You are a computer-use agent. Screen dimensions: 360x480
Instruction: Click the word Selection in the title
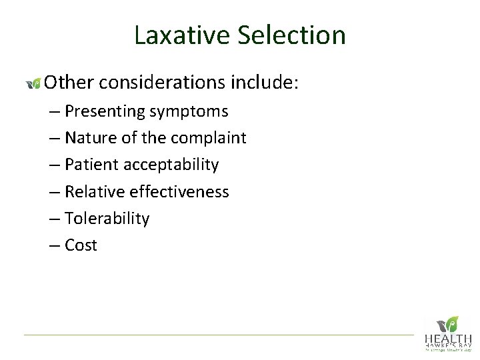point(291,35)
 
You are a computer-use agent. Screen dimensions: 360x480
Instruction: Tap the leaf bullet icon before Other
point(33,83)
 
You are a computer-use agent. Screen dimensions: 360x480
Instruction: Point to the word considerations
point(163,83)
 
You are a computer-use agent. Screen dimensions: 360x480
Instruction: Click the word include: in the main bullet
point(266,83)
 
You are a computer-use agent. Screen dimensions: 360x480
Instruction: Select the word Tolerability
point(107,219)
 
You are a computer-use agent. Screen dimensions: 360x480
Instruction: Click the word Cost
point(81,245)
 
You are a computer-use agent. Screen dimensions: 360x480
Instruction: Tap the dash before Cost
point(55,246)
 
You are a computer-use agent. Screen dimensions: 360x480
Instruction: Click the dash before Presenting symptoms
point(55,112)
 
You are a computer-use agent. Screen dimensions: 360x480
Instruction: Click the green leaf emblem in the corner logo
point(451,324)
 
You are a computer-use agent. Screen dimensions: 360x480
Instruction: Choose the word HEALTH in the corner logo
point(449,339)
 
